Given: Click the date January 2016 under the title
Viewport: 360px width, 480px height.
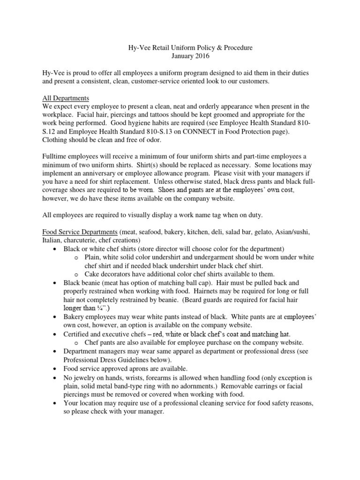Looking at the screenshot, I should click(180, 56).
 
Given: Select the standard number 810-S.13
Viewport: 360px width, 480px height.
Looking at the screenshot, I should click(144, 132).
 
